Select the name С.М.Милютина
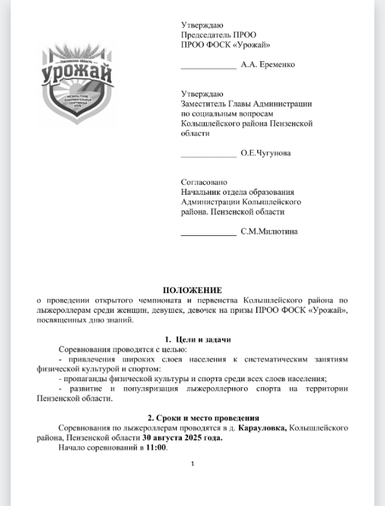click(269, 232)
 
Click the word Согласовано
click(204, 182)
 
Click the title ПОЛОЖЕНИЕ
click(192, 290)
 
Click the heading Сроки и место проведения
click(203, 418)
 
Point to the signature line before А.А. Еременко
click(208, 68)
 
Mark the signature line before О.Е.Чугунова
click(208, 157)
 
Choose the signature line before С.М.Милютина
click(208, 235)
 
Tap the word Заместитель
click(203, 104)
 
